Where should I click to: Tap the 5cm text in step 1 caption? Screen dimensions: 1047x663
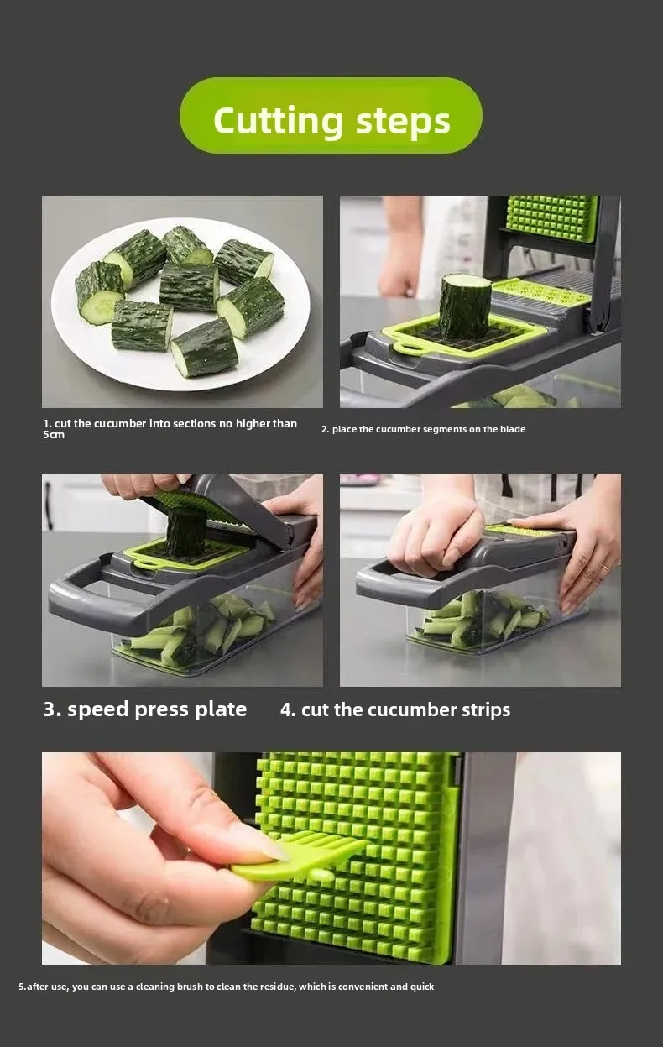(54, 435)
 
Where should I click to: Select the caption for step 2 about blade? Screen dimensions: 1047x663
(423, 429)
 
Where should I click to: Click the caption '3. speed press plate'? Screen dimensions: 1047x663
(145, 709)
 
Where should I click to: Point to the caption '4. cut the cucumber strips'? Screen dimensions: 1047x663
(395, 709)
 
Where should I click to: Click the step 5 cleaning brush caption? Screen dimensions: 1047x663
(227, 987)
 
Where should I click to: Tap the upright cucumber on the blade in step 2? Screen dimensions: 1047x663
(464, 306)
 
